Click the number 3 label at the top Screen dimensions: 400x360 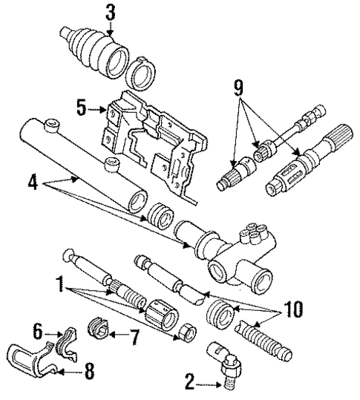click(110, 13)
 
